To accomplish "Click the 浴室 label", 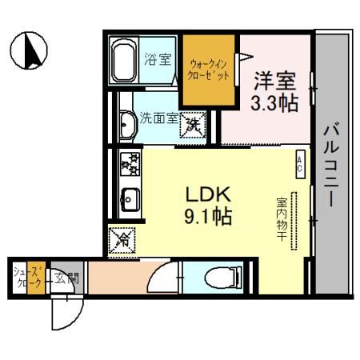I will (x=157, y=59).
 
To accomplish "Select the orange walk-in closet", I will (x=207, y=70).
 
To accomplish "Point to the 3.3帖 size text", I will (x=274, y=103).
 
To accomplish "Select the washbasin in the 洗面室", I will (x=126, y=124).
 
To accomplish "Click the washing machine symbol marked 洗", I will (x=193, y=125).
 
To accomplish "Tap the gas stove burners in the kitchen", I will (x=130, y=164).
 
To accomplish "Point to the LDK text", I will (x=209, y=194).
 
